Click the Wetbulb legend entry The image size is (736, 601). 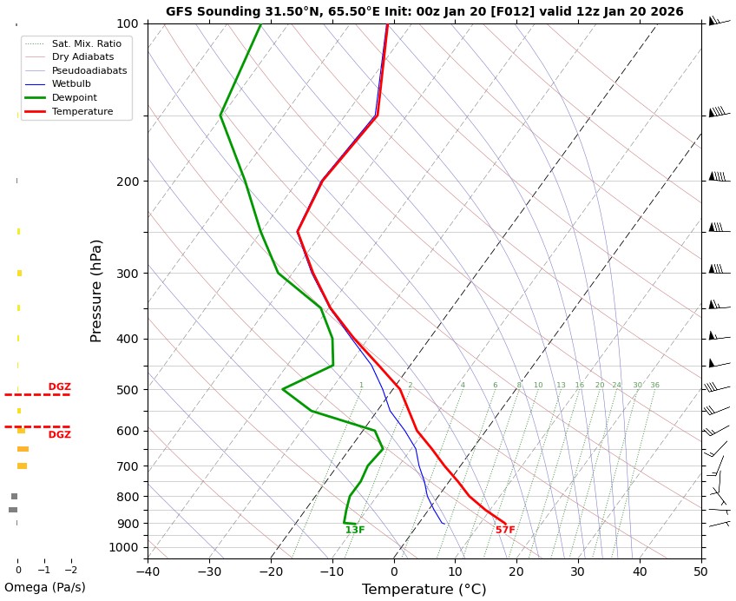click(x=71, y=84)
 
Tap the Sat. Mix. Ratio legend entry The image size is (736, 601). click(x=86, y=43)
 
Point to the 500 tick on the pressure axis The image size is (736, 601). click(x=128, y=390)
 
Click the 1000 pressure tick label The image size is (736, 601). click(x=124, y=547)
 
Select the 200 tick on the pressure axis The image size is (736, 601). click(x=128, y=182)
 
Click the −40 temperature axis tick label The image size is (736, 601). click(x=147, y=571)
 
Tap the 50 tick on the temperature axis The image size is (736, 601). click(x=700, y=571)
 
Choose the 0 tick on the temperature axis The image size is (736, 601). click(x=393, y=571)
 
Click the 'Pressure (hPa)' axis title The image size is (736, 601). click(x=97, y=290)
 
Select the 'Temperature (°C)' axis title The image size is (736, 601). click(x=424, y=590)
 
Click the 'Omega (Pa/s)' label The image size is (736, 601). click(x=45, y=587)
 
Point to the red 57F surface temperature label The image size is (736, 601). click(x=505, y=531)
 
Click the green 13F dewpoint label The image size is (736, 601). click(x=355, y=531)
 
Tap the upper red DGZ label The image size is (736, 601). click(x=60, y=387)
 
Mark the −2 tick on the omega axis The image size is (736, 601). click(x=70, y=571)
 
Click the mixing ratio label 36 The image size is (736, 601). click(x=654, y=386)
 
